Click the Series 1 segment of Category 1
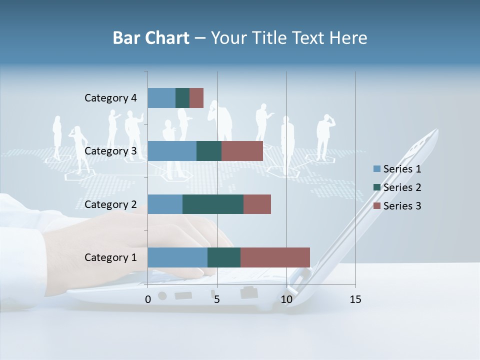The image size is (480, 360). click(x=177, y=257)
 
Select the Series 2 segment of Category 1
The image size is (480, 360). click(x=224, y=257)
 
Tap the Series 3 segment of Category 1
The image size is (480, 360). click(x=275, y=257)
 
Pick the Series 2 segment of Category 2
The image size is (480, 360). click(x=213, y=204)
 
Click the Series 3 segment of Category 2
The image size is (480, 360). click(x=257, y=204)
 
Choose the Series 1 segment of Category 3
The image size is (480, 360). click(x=172, y=151)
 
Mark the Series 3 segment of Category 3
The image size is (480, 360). click(x=242, y=151)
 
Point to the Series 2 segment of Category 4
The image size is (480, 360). click(x=182, y=98)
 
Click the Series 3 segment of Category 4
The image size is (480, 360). click(x=196, y=98)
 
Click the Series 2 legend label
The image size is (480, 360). click(x=402, y=187)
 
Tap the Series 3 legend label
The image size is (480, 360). click(x=402, y=206)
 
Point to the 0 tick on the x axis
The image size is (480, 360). click(x=147, y=299)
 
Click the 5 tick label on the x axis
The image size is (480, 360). click(x=217, y=299)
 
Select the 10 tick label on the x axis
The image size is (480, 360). click(x=286, y=299)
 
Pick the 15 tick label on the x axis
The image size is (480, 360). click(x=355, y=299)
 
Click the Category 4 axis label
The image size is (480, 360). click(x=110, y=98)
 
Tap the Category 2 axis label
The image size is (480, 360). click(x=110, y=204)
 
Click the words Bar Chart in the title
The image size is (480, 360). click(x=151, y=38)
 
